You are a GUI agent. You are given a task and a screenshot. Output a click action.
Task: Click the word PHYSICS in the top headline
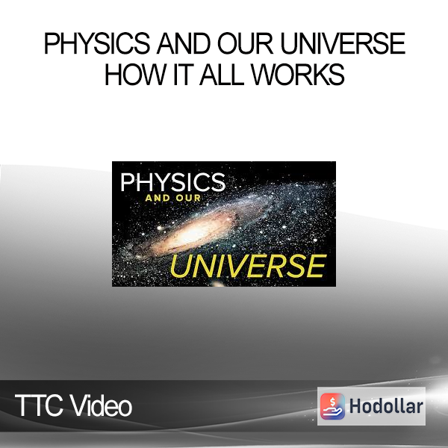96,43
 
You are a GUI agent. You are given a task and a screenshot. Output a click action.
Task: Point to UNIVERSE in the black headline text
343,43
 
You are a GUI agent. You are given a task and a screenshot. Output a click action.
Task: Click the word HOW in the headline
136,74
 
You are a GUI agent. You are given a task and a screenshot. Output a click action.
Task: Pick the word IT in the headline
181,74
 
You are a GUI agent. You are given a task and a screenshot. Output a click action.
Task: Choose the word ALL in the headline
222,74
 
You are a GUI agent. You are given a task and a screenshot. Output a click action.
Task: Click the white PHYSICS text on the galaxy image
172,182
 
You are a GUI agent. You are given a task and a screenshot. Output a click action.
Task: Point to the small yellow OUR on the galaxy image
188,198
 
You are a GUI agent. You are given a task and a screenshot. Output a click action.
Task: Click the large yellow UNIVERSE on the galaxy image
248,266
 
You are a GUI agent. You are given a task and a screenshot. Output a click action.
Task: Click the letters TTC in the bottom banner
39,405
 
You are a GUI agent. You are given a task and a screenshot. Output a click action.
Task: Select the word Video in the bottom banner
101,405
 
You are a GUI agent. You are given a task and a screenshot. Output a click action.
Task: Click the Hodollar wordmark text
386,406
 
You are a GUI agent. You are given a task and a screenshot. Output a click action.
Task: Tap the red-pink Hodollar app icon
332,406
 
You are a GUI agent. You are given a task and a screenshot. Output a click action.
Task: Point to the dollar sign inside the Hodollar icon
332,402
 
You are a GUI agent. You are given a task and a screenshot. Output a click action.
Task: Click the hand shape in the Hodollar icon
332,411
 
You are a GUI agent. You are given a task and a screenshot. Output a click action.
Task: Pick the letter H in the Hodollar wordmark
355,406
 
